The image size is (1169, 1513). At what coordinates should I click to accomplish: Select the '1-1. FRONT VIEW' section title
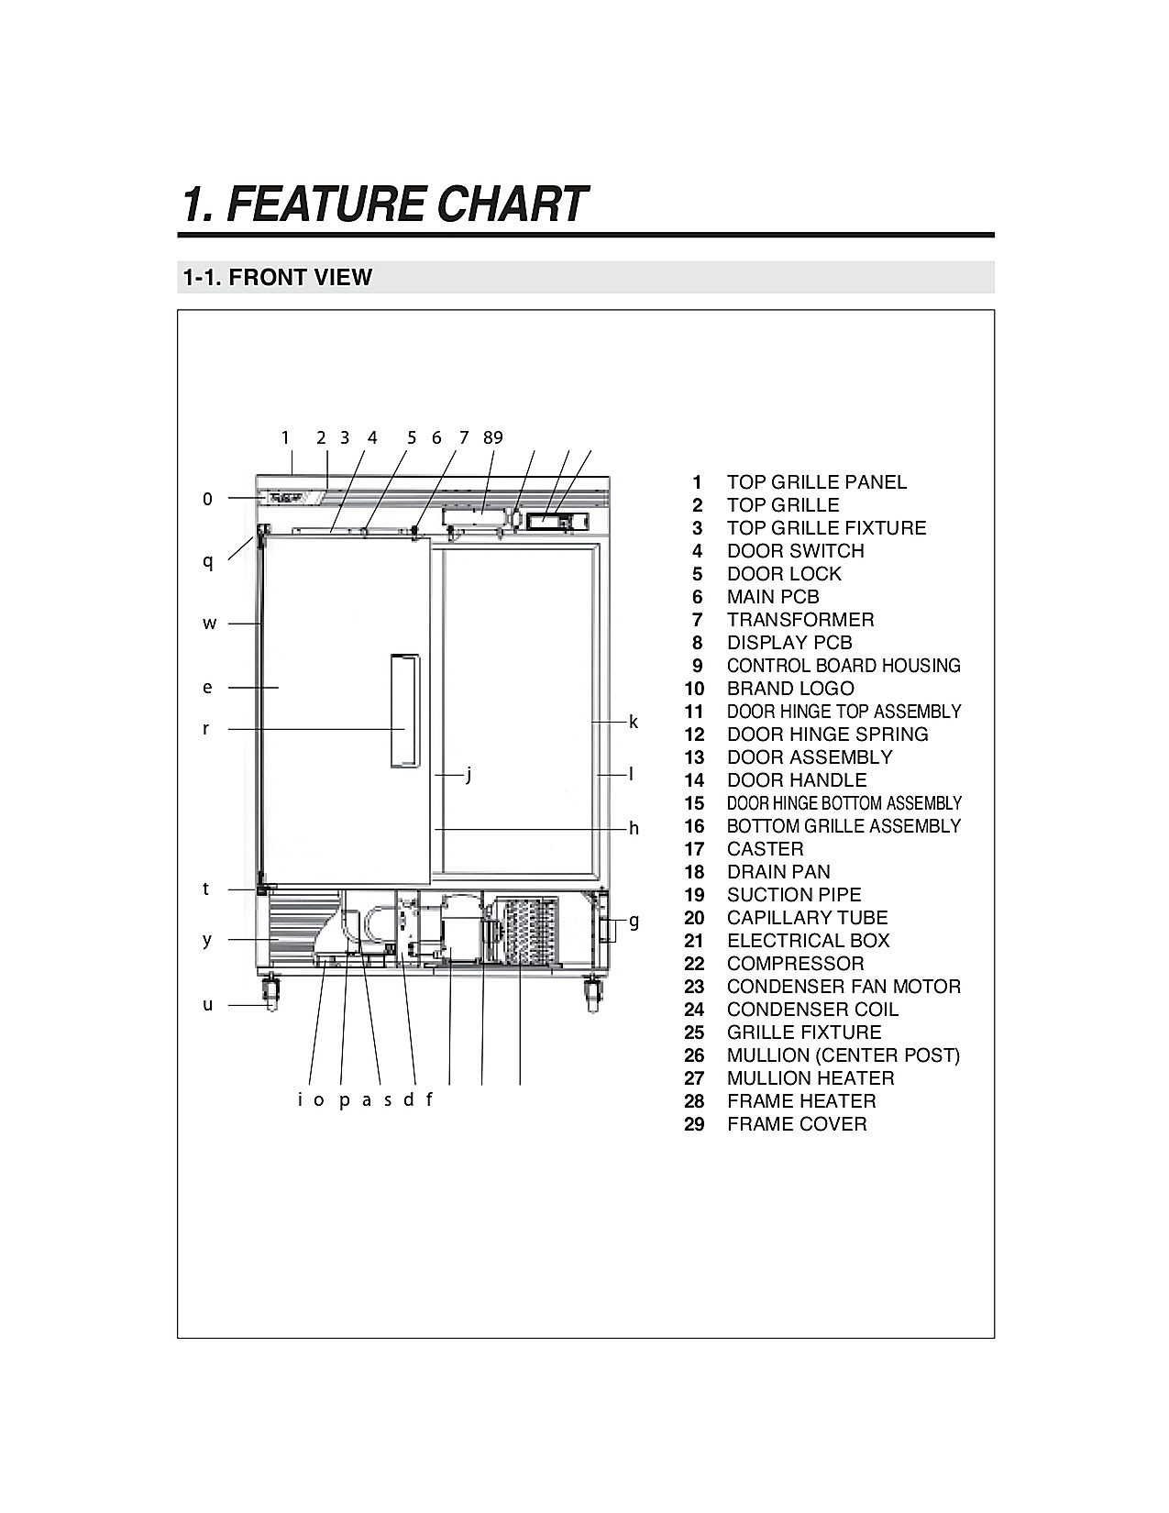277,278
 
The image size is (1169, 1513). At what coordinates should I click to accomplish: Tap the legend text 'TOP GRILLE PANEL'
817,482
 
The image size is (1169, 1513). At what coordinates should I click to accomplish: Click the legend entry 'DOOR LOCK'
784,574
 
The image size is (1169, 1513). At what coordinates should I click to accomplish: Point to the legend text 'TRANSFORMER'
800,621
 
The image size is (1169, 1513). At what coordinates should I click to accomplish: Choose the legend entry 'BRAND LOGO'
790,689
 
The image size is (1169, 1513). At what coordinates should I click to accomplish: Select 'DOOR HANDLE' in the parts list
797,780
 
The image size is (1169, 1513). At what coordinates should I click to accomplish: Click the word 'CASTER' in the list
766,849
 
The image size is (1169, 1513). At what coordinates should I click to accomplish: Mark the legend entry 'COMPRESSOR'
795,965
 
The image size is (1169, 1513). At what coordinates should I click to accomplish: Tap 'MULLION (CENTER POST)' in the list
844,1055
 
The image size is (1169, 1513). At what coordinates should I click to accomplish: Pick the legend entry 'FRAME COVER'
797,1124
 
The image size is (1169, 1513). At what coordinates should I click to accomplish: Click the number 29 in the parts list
694,1124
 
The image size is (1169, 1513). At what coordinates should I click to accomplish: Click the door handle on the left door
405,711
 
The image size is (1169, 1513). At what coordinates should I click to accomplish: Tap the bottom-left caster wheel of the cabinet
270,997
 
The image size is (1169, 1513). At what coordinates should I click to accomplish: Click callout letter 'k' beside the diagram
633,722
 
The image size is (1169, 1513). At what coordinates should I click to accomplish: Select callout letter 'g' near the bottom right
634,922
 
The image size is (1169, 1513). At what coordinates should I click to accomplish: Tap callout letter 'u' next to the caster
207,1005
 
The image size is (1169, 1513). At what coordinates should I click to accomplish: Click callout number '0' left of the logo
207,499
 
